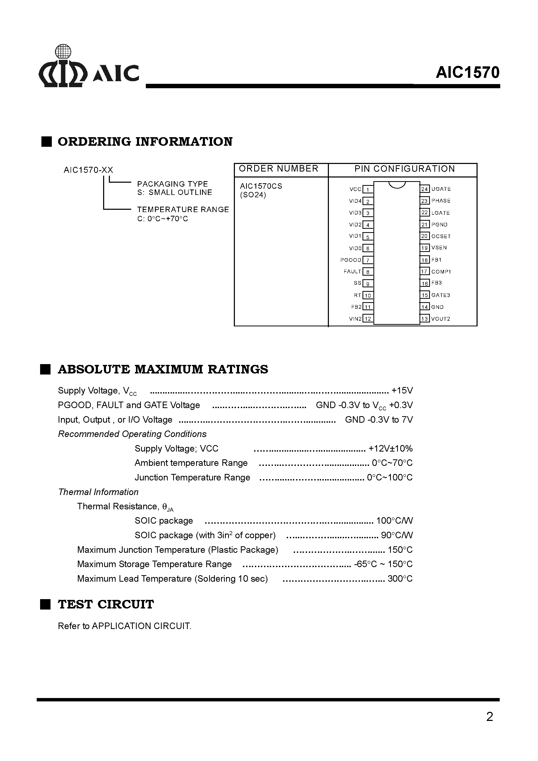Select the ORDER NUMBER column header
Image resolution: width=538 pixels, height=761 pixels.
(278, 169)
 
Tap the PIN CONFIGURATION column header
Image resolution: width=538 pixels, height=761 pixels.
(404, 169)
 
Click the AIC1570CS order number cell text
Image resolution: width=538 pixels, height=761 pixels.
(261, 186)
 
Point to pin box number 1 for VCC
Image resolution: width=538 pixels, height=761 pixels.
(368, 189)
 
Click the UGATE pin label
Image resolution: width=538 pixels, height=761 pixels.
(441, 189)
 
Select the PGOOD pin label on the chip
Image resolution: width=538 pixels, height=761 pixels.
(351, 260)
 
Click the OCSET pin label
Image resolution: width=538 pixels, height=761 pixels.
(441, 236)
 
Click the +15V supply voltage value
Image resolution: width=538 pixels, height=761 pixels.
(402, 390)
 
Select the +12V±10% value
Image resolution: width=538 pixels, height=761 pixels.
(390, 448)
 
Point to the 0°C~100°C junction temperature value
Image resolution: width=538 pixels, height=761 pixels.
(390, 477)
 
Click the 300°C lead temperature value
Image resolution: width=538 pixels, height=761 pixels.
(400, 578)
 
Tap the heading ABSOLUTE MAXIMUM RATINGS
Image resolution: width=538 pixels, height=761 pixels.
(163, 369)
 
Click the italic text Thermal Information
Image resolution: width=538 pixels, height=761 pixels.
(98, 492)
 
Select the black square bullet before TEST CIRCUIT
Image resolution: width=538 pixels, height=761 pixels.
(46, 604)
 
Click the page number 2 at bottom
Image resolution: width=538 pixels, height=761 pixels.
(489, 716)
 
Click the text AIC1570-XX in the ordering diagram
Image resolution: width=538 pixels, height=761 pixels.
(88, 170)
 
